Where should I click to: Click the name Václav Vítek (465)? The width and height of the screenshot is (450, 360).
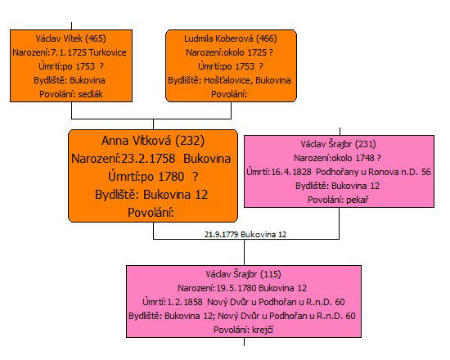point(71,38)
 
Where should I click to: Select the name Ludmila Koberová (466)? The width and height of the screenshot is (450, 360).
point(231,38)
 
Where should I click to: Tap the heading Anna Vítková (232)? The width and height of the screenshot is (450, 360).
point(153,141)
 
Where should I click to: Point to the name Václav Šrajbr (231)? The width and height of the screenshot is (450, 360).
point(339,144)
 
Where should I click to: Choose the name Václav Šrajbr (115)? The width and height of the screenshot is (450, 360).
point(243,274)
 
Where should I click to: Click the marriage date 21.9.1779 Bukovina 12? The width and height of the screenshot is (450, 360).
point(245,235)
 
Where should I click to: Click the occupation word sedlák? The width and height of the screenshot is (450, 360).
point(90,94)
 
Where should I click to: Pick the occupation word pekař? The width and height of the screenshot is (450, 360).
point(358,200)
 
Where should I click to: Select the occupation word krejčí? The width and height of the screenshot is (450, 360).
point(263,330)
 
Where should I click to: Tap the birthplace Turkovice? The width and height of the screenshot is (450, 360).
point(108,52)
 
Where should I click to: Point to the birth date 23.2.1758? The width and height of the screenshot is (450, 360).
point(148,159)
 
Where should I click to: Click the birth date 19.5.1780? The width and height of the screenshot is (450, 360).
point(236,288)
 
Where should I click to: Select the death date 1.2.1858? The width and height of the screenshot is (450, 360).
point(185,302)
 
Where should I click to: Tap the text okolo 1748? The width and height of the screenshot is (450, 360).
point(356,158)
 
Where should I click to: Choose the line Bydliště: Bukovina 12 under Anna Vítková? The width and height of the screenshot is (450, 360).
point(151,195)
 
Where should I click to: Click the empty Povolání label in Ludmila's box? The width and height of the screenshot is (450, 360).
point(229,94)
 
